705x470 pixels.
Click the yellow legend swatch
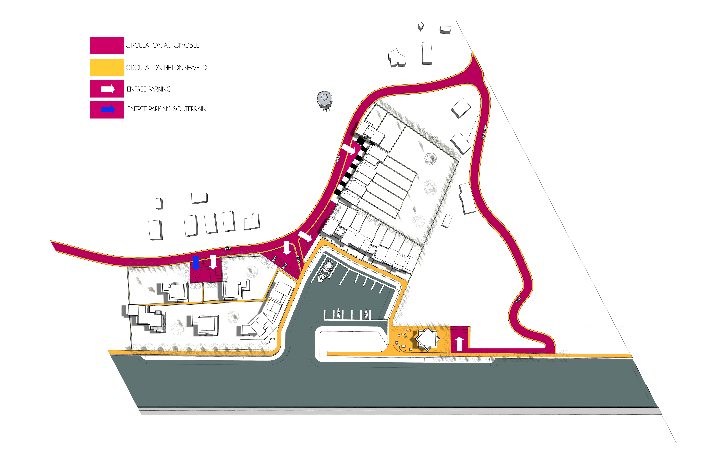pyautogui.click(x=107, y=67)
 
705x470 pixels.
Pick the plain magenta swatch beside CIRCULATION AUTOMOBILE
pyautogui.click(x=107, y=45)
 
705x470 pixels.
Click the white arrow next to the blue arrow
pyautogui.click(x=213, y=262)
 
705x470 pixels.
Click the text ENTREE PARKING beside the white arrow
pyautogui.click(x=149, y=89)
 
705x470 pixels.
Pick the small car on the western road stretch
pyautogui.click(x=228, y=248)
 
